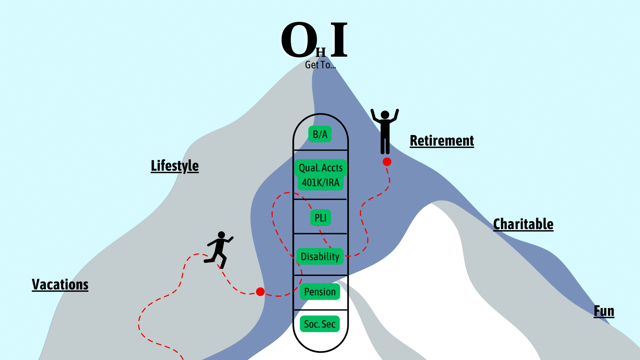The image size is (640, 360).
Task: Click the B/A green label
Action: (x=320, y=134)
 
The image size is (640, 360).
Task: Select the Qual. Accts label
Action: (x=321, y=168)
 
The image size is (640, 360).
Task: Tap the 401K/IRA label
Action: (x=321, y=183)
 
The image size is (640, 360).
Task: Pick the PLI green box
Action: (x=321, y=218)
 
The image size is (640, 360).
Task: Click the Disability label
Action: (x=320, y=256)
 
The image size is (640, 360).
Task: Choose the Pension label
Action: (x=320, y=292)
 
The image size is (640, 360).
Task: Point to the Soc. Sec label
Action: (x=320, y=324)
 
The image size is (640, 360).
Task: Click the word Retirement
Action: (x=442, y=141)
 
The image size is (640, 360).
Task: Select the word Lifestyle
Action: (x=175, y=166)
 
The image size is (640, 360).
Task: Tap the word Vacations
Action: (x=60, y=285)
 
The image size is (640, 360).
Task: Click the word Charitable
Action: (x=523, y=224)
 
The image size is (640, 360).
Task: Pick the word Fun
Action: (x=604, y=311)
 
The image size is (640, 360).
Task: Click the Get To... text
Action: (x=320, y=65)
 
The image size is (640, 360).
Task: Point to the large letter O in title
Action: (x=299, y=40)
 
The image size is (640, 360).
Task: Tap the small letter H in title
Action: (x=321, y=52)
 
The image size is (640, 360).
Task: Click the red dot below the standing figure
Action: (x=387, y=162)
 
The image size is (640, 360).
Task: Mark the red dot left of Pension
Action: (x=260, y=292)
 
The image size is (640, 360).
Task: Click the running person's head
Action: (x=221, y=235)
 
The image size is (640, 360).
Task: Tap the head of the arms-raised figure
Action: (x=385, y=115)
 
